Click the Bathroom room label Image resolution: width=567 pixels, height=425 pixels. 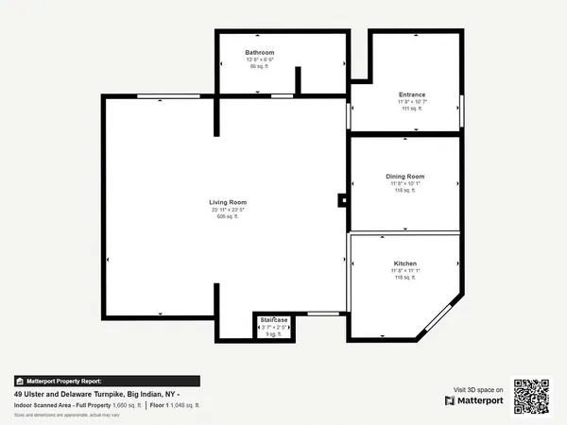point(259,52)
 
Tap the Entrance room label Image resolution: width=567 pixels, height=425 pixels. point(412,94)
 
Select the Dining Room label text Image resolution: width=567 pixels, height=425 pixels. point(404,177)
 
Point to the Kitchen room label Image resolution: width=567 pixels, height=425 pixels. point(404,263)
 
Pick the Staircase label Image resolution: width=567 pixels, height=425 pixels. point(274,320)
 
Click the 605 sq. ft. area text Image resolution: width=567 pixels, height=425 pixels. point(228,216)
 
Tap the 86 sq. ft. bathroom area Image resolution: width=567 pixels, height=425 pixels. point(259,66)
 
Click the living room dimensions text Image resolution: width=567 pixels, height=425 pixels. point(228,210)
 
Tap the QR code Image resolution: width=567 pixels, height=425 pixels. point(532,396)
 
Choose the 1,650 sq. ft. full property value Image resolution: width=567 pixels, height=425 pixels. point(127,404)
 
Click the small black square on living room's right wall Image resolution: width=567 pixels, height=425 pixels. point(343,200)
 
